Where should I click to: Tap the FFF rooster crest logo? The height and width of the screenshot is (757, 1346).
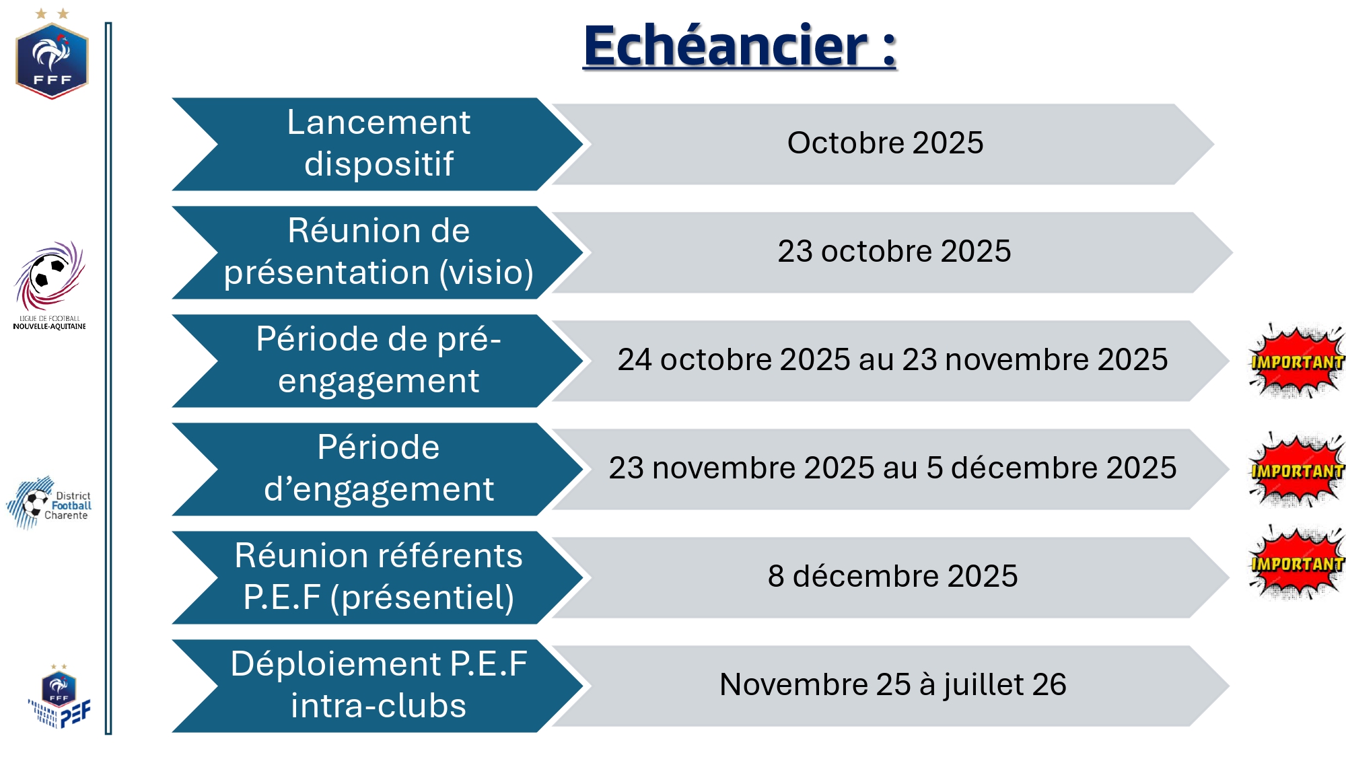[52, 55]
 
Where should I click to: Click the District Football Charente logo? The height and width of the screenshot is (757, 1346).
[48, 503]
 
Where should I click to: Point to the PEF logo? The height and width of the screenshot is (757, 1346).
[59, 696]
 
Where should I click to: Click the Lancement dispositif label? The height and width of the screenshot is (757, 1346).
[378, 143]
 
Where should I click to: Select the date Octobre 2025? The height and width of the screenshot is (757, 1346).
[885, 143]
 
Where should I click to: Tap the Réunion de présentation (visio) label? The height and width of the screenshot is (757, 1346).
[378, 252]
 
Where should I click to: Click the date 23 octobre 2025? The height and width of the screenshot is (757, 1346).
[894, 252]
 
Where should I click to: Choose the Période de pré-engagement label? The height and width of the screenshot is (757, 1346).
[378, 360]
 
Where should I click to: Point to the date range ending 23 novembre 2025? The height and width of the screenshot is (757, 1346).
[892, 360]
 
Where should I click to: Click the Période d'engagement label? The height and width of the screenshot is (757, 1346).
[378, 468]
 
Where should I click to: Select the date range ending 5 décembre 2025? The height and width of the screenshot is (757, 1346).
[892, 468]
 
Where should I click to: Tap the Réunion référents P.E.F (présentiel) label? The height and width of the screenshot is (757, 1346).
[378, 577]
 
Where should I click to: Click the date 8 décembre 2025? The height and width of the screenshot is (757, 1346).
[892, 577]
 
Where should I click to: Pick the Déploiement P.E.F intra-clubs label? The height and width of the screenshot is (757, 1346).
[378, 685]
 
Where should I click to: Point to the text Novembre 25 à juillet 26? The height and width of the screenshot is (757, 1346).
[892, 685]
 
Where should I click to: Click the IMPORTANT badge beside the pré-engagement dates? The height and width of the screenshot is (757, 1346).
[1296, 361]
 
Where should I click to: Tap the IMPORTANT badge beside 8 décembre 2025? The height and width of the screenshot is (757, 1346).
[1296, 563]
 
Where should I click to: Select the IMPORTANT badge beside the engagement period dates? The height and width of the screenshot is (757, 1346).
[1296, 470]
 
